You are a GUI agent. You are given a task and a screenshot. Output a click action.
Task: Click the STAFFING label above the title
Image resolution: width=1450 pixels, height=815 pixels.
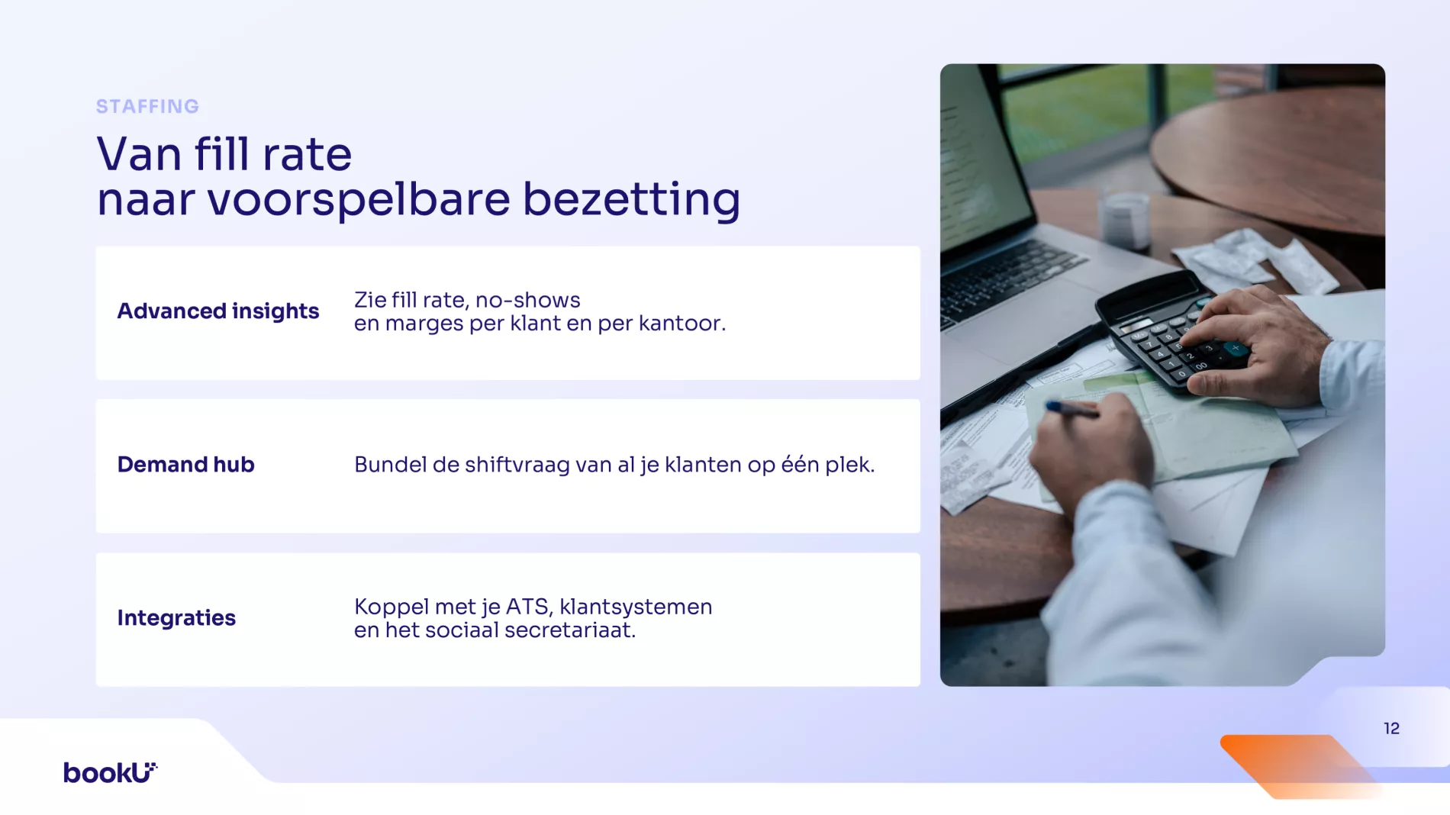pyautogui.click(x=147, y=106)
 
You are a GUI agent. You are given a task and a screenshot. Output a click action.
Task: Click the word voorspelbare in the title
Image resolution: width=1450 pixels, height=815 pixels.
pyautogui.click(x=359, y=200)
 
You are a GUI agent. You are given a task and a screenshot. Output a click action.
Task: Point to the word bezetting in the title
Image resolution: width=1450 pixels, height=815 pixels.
pyautogui.click(x=631, y=200)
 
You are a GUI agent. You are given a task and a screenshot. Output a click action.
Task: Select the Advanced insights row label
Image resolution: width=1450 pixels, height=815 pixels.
pyautogui.click(x=218, y=311)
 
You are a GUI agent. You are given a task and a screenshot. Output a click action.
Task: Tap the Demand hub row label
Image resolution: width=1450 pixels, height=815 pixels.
pyautogui.click(x=186, y=464)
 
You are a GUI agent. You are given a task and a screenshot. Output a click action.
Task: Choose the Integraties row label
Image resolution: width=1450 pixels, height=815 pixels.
pyautogui.click(x=176, y=618)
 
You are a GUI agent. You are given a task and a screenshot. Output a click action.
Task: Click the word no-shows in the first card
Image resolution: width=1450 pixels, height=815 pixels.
pyautogui.click(x=528, y=300)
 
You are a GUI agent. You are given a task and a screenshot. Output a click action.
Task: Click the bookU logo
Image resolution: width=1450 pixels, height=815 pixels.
pyautogui.click(x=111, y=772)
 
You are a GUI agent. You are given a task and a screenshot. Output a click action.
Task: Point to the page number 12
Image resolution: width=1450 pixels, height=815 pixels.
pyautogui.click(x=1391, y=729)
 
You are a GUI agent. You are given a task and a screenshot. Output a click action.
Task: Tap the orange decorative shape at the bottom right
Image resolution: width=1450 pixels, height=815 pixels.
pyautogui.click(x=1297, y=765)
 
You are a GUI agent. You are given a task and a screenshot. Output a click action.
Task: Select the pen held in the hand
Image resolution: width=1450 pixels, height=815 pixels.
pyautogui.click(x=1071, y=409)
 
